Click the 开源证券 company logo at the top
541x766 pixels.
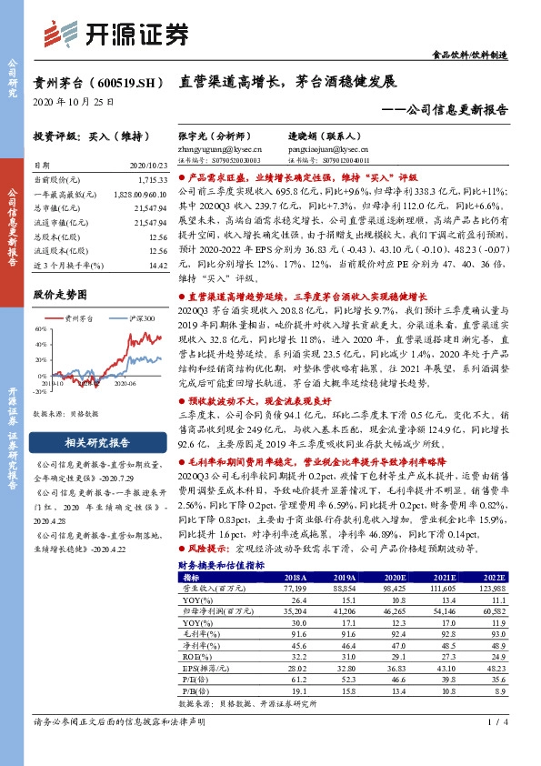click(x=117, y=34)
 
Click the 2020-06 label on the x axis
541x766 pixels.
click(x=123, y=383)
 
